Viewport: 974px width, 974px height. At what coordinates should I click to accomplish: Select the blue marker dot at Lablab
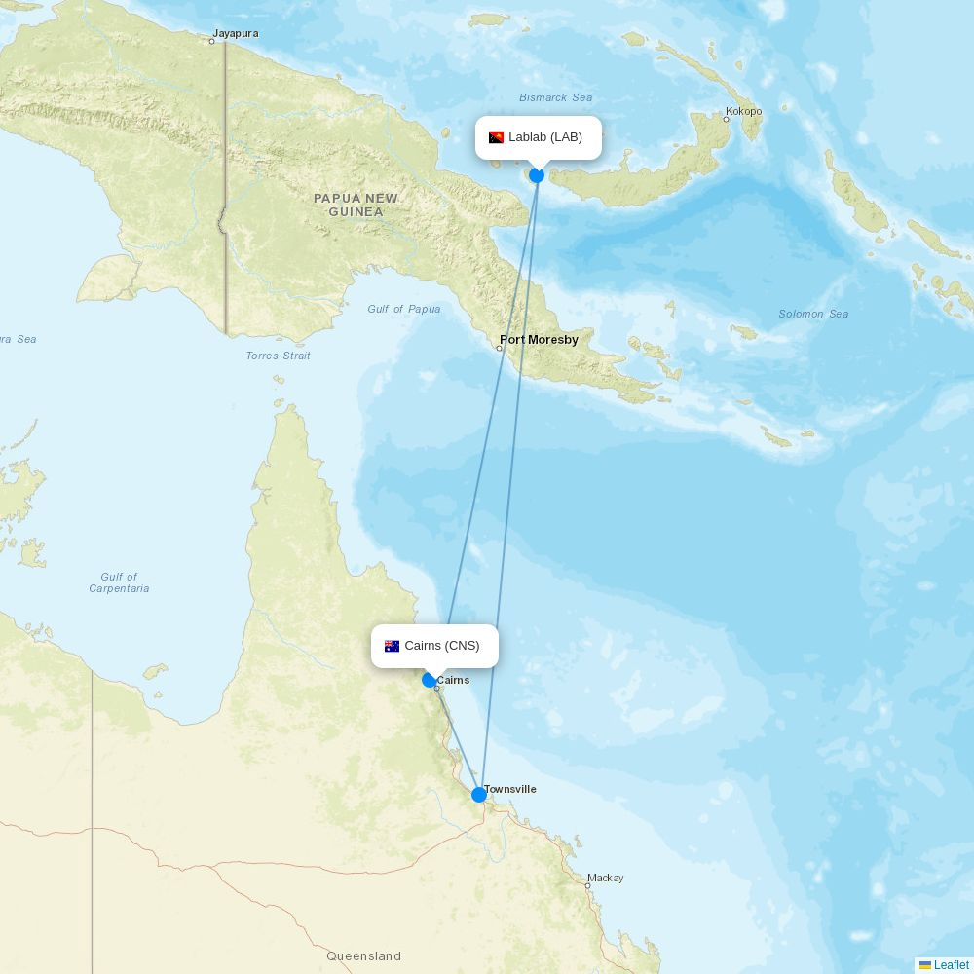(537, 175)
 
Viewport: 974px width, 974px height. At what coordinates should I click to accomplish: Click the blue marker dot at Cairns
(429, 680)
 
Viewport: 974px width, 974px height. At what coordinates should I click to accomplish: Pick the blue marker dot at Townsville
(479, 795)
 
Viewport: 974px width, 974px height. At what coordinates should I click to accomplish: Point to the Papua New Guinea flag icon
(497, 137)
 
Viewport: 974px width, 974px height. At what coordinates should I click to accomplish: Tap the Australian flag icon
(393, 646)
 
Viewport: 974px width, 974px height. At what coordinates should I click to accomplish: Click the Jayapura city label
(236, 33)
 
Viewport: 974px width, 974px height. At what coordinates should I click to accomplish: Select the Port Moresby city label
(539, 340)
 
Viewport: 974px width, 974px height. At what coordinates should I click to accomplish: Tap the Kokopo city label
(743, 111)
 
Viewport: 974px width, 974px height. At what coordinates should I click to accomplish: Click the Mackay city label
(605, 878)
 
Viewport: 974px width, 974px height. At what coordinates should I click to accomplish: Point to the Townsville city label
(509, 789)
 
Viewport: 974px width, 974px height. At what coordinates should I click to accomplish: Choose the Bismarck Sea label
(555, 97)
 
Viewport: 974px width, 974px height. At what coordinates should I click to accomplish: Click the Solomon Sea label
(813, 314)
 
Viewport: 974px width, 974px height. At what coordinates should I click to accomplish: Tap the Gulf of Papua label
(403, 309)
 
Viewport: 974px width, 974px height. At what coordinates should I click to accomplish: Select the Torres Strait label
(278, 356)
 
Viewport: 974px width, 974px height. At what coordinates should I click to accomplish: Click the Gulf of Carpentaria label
(119, 582)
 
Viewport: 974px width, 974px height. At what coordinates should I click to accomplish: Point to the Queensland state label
(364, 956)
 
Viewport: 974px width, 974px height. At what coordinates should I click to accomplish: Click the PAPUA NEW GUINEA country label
(356, 205)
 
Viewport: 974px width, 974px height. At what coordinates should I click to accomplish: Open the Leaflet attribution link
(951, 965)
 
